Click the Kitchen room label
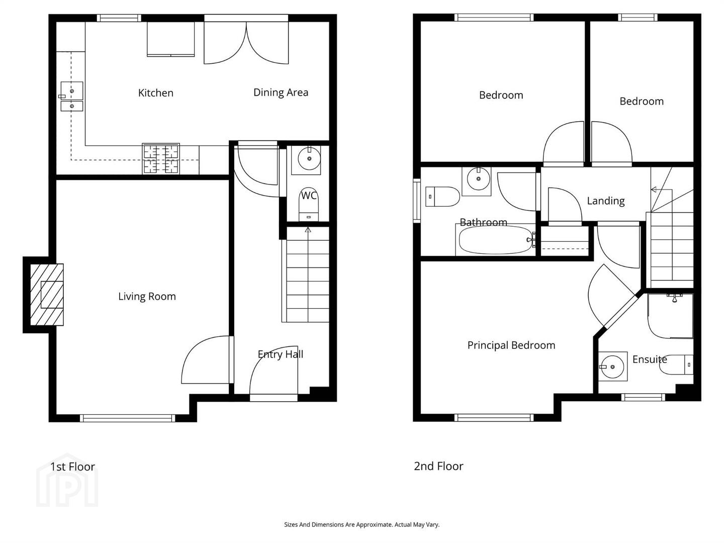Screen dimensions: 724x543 [x=156, y=93]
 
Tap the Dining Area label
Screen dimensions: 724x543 [x=281, y=93]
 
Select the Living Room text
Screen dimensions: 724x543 [x=147, y=297]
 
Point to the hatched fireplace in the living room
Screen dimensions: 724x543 [x=47, y=295]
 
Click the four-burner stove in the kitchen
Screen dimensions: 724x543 [x=161, y=158]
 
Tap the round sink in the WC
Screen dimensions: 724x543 [x=309, y=158]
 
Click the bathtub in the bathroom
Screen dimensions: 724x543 [x=495, y=240]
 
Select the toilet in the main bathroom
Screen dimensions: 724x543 [x=442, y=197]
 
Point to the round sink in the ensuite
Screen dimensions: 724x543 [x=612, y=367]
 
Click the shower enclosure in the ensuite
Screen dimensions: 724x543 [x=670, y=316]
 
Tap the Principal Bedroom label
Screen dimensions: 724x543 [x=511, y=345]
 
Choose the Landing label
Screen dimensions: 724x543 [x=605, y=201]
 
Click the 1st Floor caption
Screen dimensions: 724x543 [x=72, y=467]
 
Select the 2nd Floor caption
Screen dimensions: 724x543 [x=439, y=466]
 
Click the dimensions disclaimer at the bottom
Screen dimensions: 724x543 [x=362, y=524]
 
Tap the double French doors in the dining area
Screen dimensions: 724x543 [x=246, y=43]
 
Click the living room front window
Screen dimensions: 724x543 [x=127, y=418]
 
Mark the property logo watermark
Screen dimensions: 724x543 [x=67, y=480]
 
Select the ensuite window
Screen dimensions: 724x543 [x=643, y=397]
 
